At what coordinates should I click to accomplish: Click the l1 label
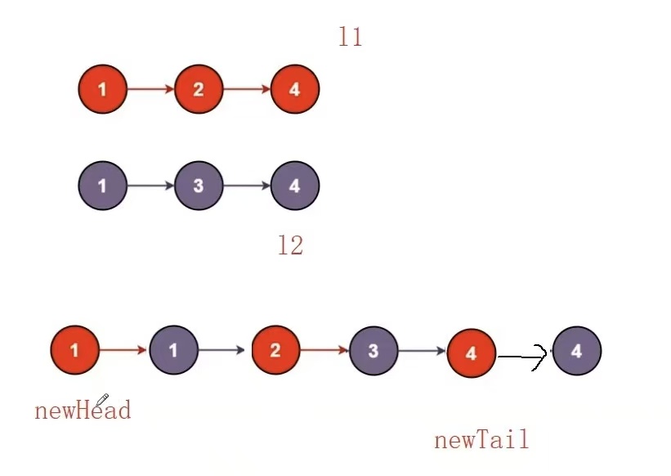[x=351, y=37]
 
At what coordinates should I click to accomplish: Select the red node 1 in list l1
[x=103, y=89]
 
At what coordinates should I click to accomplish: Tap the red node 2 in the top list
[x=199, y=89]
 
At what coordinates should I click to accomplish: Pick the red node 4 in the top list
[x=294, y=89]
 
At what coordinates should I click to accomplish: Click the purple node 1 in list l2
[x=103, y=186]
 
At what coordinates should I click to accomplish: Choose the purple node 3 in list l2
[x=199, y=186]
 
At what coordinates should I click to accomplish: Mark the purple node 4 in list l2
[x=294, y=186]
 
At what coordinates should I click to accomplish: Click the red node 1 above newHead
[x=74, y=351]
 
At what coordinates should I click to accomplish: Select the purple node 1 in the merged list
[x=173, y=351]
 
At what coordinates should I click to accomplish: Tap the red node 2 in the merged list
[x=275, y=351]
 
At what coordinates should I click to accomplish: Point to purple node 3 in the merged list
[x=374, y=351]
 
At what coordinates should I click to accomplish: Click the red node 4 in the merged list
[x=472, y=353]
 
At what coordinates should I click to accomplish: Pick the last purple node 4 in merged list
[x=577, y=351]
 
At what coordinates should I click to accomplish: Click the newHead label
[x=83, y=410]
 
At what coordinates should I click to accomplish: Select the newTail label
[x=481, y=440]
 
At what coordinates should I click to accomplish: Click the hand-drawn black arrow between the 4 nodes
[x=523, y=357]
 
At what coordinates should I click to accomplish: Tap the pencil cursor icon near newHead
[x=102, y=400]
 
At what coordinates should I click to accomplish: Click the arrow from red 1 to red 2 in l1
[x=151, y=89]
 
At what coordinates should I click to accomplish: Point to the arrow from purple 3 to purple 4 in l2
[x=247, y=186]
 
